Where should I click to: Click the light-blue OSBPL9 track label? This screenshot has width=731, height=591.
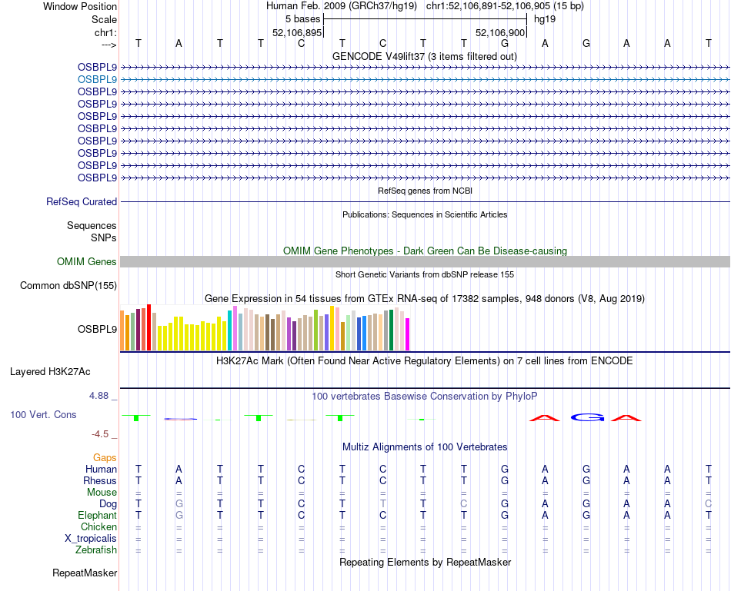pos(98,79)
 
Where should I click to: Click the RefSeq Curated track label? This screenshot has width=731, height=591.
pos(82,201)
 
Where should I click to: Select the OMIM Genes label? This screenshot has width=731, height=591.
pos(87,262)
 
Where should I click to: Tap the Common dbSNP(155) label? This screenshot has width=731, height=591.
pos(68,286)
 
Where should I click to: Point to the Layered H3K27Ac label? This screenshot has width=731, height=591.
pos(50,372)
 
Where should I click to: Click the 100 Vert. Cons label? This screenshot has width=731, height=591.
pos(43,414)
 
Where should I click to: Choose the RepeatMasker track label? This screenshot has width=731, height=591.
pos(85,573)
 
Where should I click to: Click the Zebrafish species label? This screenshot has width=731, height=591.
pos(96,550)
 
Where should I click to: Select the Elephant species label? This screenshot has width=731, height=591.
pos(97,516)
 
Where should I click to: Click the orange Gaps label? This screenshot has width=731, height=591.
pos(105,457)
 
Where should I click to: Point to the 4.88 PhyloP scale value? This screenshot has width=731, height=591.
pos(101,396)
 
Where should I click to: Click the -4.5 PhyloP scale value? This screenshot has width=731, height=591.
pos(103,433)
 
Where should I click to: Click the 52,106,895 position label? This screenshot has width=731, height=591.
pos(296,33)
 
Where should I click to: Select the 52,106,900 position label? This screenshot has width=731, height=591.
pos(500,33)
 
